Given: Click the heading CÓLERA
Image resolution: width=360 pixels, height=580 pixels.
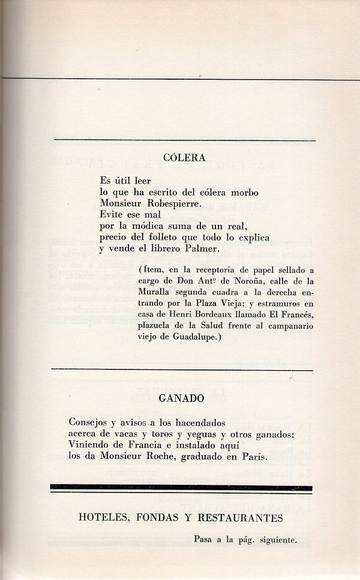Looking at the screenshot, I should point(185,158).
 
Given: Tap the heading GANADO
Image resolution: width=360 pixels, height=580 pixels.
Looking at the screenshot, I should point(182,398).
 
